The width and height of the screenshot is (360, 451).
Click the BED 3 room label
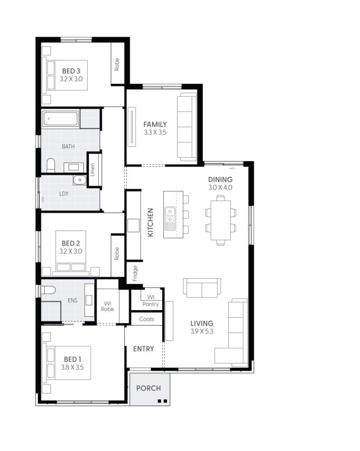(x=72, y=71)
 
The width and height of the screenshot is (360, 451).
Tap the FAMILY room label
(x=155, y=124)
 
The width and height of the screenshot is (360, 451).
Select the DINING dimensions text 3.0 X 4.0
(x=220, y=188)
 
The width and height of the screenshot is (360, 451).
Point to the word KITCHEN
(x=151, y=222)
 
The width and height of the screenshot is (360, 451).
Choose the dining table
(x=221, y=219)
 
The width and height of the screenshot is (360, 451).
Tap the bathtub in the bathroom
(x=61, y=119)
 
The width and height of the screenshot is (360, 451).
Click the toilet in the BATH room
(x=51, y=165)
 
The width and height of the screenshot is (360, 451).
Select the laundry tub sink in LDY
(x=79, y=180)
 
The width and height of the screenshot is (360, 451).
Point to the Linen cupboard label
(x=93, y=169)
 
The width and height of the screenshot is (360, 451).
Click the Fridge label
(x=135, y=273)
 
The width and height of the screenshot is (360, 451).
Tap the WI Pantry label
(x=150, y=301)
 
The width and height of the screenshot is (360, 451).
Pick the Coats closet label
(x=147, y=319)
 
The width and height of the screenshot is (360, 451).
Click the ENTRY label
(x=144, y=349)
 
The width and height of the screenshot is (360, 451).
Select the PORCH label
(x=148, y=388)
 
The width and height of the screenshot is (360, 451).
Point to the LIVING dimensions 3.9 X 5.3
(x=202, y=331)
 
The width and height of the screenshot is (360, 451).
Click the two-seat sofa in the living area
(x=202, y=288)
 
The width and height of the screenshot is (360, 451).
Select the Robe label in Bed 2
(x=117, y=253)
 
